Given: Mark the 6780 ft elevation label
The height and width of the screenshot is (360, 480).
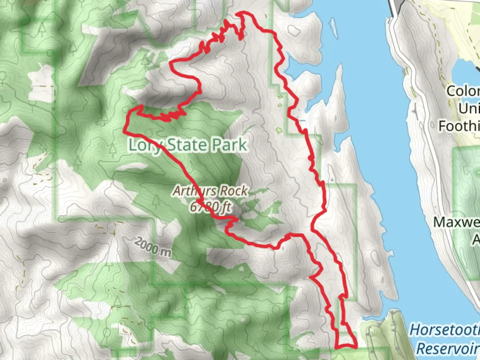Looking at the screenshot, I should coord(211,207).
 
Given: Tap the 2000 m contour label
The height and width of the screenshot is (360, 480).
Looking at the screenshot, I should coord(153,247).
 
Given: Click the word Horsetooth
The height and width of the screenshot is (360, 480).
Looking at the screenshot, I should coord(445,330).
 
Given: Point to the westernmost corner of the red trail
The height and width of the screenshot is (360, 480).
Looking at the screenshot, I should coord(125,131).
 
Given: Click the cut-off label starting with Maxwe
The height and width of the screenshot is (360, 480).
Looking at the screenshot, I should coord(457,222).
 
